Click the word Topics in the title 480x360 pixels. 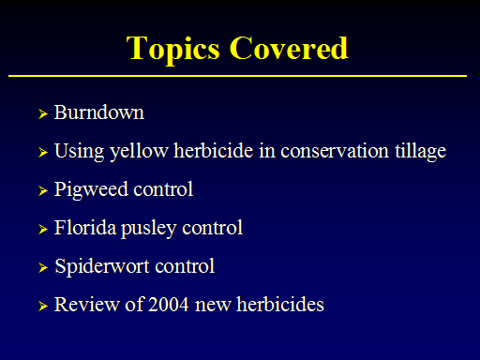173,50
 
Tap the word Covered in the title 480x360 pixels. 289,48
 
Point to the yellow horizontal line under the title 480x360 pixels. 237,76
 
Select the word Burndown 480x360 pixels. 99,112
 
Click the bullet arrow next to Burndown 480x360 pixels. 43,114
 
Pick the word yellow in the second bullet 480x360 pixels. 140,152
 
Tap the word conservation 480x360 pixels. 335,151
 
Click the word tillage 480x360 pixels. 421,152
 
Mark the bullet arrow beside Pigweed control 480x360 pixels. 43,190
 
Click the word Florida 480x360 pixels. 85,227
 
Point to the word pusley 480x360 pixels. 149,229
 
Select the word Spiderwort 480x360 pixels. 102,267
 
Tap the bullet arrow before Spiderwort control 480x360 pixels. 43,267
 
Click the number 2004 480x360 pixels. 169,305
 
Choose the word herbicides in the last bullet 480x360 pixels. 280,304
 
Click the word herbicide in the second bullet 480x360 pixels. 214,151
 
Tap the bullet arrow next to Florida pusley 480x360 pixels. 43,229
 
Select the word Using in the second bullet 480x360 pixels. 80,152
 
